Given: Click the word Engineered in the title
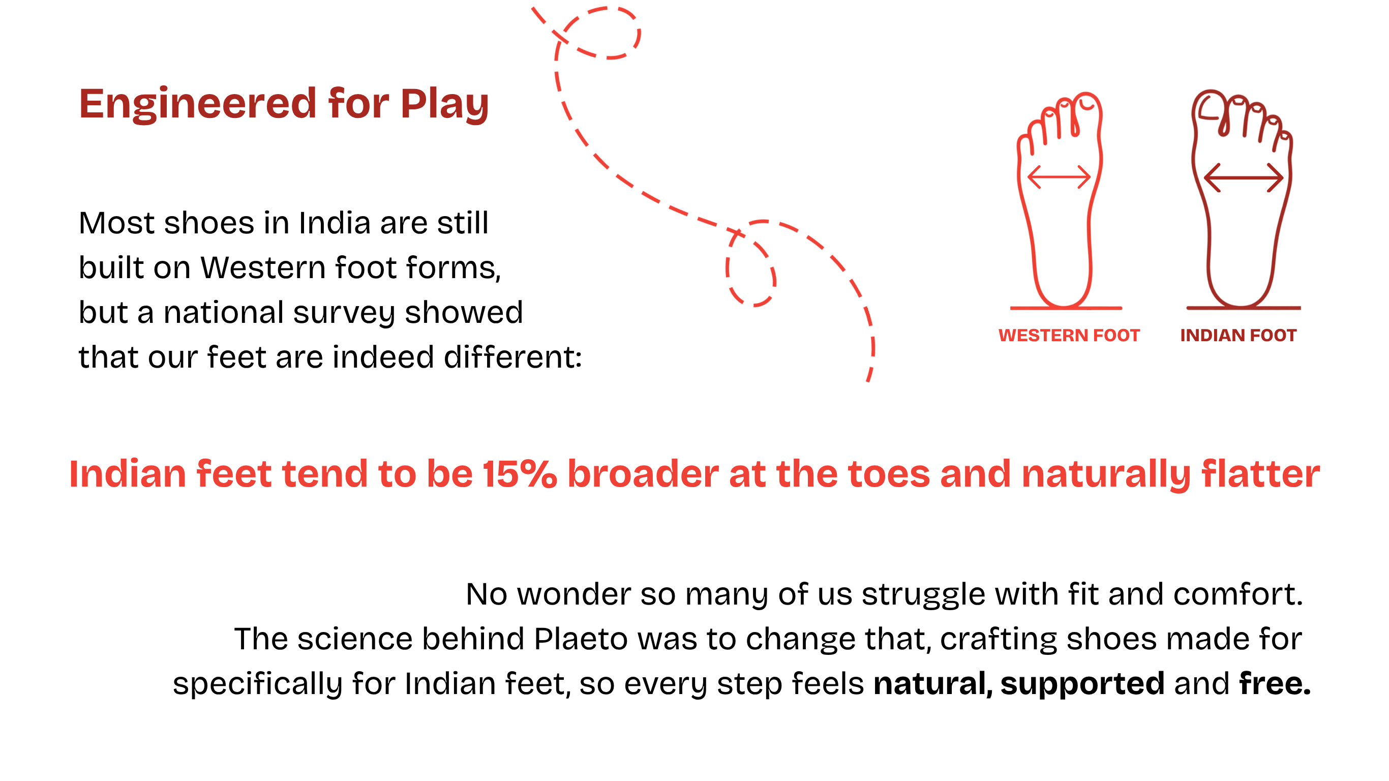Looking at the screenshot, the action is pos(197,103).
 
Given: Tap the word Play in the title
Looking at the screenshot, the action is pos(444,105).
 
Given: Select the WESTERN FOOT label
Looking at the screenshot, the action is pos(1069,336).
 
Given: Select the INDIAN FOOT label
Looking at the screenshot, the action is pos(1238,336).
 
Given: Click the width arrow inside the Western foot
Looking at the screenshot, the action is pos(1059,177).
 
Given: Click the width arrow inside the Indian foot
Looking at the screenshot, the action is pos(1244,177).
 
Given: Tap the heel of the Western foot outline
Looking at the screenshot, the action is pos(1063,305).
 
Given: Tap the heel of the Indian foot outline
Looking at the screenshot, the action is pos(1240,305).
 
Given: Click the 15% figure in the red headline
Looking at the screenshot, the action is pos(519,474).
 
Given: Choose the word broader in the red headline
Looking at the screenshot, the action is pos(643,473).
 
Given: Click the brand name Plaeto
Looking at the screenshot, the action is pos(581,639).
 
